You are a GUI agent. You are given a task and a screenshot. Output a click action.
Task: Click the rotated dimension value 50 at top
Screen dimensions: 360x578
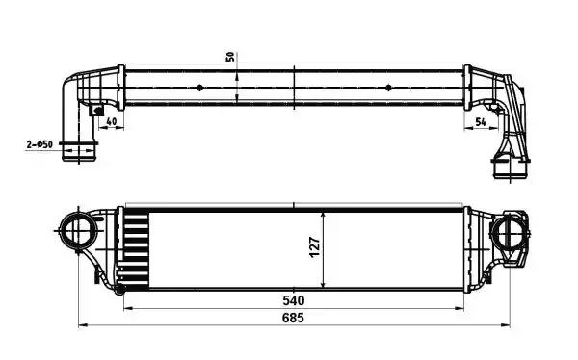230,56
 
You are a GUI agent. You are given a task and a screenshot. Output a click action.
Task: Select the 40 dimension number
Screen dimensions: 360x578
113,121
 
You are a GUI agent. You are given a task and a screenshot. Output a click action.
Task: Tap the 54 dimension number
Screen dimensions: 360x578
481,121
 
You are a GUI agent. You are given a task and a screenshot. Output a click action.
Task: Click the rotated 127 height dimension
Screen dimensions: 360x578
314,247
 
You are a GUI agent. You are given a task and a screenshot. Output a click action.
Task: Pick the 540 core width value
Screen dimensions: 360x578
293,300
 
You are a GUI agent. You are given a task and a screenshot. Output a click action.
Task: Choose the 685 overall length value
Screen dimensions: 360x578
293,320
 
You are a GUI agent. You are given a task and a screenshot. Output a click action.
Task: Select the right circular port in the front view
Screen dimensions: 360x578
508,232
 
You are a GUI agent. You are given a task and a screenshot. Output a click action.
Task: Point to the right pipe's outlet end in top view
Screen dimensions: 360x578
507,171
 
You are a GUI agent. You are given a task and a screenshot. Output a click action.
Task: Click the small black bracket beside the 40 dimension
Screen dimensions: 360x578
96,112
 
